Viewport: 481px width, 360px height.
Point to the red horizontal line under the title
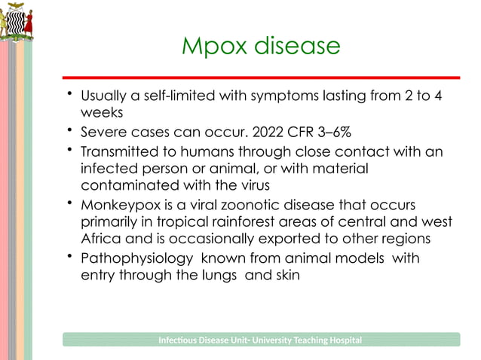pos(261,78)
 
